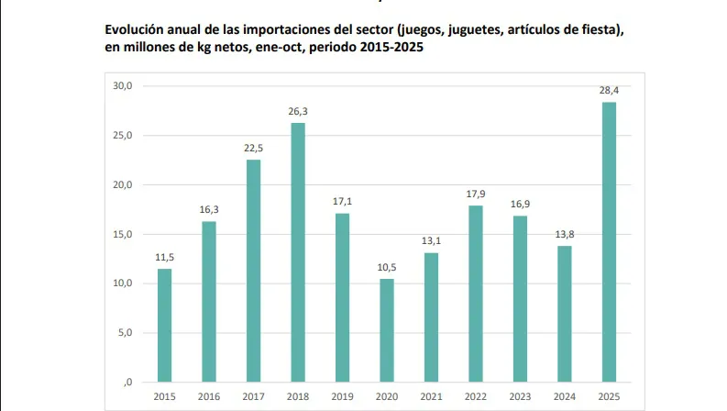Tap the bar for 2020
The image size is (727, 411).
click(x=387, y=329)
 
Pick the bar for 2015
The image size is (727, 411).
click(x=164, y=325)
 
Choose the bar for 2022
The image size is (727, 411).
click(x=476, y=293)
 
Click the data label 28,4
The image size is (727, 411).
click(x=609, y=90)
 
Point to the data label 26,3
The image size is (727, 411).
click(x=298, y=111)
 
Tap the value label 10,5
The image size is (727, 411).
click(x=387, y=267)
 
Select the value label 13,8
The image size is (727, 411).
click(x=565, y=234)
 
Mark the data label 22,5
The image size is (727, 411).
click(x=253, y=148)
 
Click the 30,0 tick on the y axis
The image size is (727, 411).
click(x=123, y=86)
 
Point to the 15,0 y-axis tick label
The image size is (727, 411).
click(x=123, y=234)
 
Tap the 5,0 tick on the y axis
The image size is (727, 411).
click(x=125, y=333)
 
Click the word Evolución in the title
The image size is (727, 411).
click(x=135, y=30)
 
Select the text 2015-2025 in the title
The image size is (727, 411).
click(x=393, y=48)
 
